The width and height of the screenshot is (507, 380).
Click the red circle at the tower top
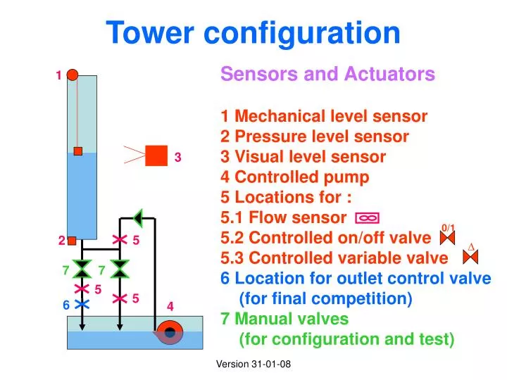[73, 72]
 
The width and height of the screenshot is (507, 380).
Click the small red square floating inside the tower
[78, 151]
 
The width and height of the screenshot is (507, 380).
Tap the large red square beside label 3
[156, 156]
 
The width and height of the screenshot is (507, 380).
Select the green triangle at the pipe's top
[139, 219]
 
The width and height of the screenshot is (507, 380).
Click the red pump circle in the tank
[169, 331]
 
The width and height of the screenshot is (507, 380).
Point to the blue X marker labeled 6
[82, 304]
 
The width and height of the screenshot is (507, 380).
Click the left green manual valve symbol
[82, 268]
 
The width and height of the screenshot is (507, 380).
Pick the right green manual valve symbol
[120, 268]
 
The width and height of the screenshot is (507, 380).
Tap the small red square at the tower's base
[72, 241]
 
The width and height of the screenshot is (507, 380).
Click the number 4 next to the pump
[170, 306]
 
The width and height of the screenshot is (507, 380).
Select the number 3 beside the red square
[178, 158]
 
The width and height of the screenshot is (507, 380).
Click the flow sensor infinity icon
[368, 218]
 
